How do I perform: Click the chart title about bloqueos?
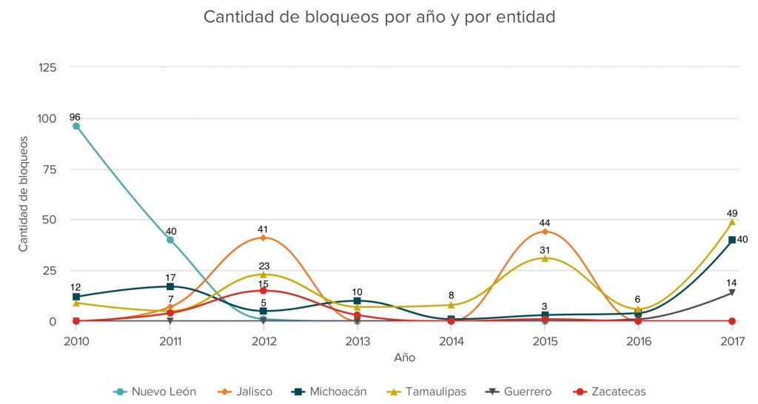(x=379, y=16)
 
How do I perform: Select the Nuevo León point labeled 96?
(x=76, y=127)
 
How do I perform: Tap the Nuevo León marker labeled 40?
(x=170, y=240)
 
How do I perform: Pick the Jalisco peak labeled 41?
(x=264, y=238)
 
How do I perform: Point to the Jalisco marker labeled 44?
(x=545, y=232)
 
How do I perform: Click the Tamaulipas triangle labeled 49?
(x=732, y=222)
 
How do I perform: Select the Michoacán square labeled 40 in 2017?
(x=732, y=240)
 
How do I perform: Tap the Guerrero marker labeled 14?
(x=732, y=292)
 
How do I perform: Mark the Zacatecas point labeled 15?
(x=264, y=291)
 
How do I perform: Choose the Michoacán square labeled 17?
(x=170, y=286)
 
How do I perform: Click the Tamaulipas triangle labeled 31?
(x=545, y=258)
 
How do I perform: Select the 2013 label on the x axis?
(x=358, y=341)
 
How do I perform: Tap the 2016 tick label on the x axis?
(x=639, y=341)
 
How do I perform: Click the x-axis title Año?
(x=404, y=358)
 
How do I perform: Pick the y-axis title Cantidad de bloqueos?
(x=23, y=194)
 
